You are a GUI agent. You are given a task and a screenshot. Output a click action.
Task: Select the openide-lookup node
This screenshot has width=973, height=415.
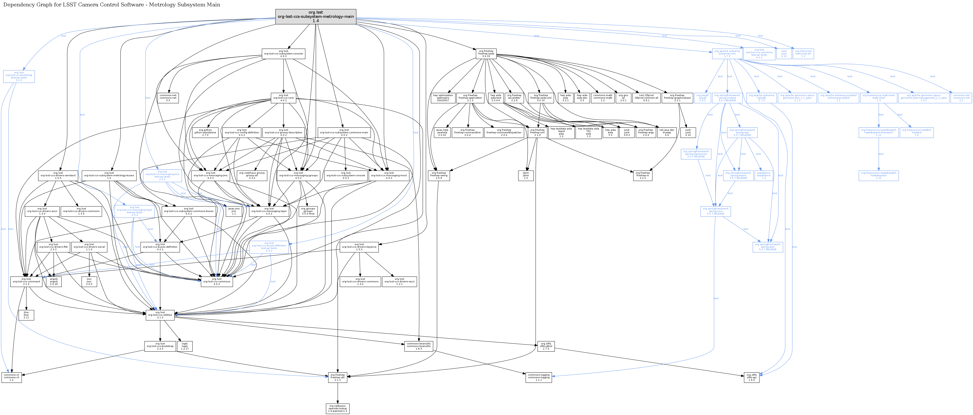[337, 409]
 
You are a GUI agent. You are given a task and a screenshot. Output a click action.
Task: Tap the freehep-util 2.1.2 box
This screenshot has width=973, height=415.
[337, 377]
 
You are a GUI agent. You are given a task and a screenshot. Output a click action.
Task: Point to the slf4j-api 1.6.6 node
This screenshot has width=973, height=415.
[751, 377]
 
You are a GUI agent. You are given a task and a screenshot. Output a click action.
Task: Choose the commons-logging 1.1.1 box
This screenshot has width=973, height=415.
[538, 377]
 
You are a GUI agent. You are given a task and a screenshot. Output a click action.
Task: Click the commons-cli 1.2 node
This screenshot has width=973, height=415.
[11, 377]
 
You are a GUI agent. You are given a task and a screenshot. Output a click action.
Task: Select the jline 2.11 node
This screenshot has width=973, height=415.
[26, 315]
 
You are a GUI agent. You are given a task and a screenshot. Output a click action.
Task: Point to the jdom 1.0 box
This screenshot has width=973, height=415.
[526, 176]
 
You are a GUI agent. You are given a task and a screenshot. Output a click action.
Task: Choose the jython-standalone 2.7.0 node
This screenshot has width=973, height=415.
[205, 132]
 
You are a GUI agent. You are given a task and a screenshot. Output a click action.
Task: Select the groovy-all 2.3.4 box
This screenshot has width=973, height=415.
[252, 176]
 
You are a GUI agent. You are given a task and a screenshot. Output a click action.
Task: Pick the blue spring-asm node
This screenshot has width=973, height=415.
[768, 247]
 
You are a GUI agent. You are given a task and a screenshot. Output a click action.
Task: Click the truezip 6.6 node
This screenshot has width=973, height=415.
[667, 132]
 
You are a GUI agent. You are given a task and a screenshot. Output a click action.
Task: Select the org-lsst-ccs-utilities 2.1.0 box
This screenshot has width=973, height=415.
[160, 315]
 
